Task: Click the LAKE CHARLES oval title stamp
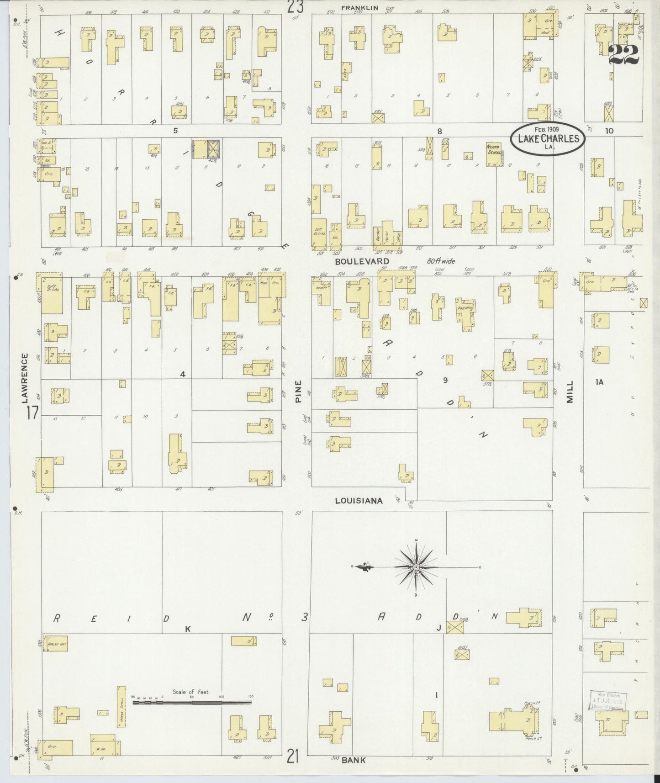click(547, 138)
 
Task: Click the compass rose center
click(416, 567)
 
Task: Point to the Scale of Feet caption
click(190, 692)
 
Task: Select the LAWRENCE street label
click(26, 378)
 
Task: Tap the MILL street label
click(570, 391)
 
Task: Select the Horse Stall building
click(121, 705)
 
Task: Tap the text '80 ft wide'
click(438, 261)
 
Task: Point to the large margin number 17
click(32, 413)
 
